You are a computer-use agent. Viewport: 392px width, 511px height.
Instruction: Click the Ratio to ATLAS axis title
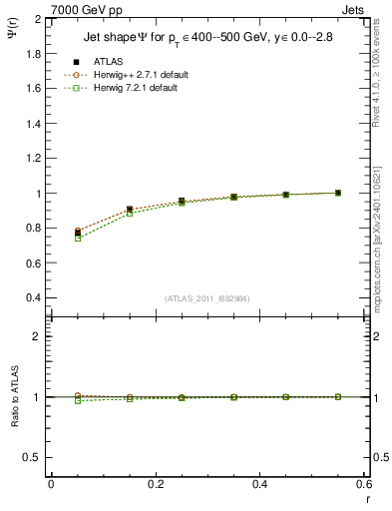coord(14,395)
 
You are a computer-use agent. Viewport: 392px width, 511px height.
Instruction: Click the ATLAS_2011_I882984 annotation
coord(205,298)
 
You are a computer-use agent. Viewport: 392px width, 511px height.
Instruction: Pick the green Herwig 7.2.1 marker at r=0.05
coord(78,238)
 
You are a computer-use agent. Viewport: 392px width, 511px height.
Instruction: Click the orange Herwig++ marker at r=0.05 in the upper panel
coord(78,231)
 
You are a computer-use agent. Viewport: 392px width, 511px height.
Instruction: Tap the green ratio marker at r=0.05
coord(78,400)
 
